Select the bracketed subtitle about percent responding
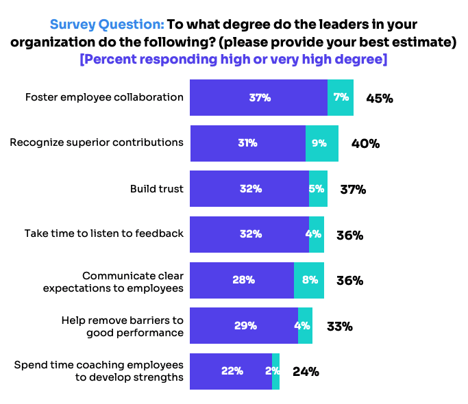click(x=234, y=60)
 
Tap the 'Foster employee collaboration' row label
click(x=104, y=97)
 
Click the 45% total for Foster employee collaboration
click(x=380, y=98)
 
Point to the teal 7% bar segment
click(x=341, y=97)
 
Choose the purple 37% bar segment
click(x=258, y=97)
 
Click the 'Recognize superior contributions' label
click(x=97, y=143)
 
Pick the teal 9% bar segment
click(x=321, y=143)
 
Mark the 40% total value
click(x=365, y=144)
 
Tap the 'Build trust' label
click(x=157, y=189)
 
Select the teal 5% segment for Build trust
click(x=318, y=189)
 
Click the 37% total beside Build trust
click(x=353, y=190)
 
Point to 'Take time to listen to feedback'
click(x=104, y=233)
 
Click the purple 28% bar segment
click(x=242, y=280)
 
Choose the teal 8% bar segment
click(x=309, y=280)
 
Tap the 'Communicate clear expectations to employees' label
click(x=113, y=281)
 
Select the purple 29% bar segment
click(x=244, y=326)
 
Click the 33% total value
click(x=339, y=327)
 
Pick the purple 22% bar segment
click(x=231, y=371)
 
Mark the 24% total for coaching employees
click(x=306, y=372)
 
